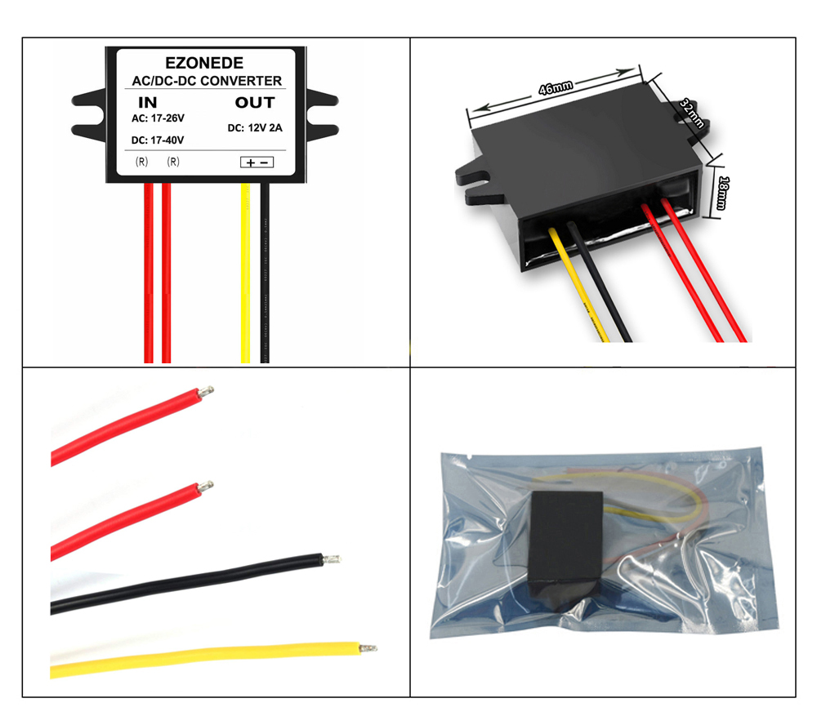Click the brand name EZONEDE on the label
click(x=204, y=63)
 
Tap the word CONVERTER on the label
click(x=241, y=81)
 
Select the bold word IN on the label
click(x=147, y=103)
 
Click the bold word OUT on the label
click(x=255, y=103)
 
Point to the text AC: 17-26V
click(x=158, y=118)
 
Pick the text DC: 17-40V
click(x=158, y=140)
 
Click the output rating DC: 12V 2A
click(x=255, y=128)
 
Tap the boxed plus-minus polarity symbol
click(x=257, y=162)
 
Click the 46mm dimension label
click(x=556, y=87)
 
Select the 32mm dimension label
click(x=692, y=113)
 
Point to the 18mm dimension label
click(x=723, y=193)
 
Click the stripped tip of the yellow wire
click(x=368, y=648)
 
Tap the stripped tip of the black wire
click(x=332, y=560)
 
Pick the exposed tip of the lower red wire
click(x=205, y=487)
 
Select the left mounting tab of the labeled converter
click(x=90, y=114)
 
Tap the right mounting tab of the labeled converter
click(x=322, y=114)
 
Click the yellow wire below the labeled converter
click(x=245, y=273)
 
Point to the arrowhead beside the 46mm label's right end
click(x=625, y=72)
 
